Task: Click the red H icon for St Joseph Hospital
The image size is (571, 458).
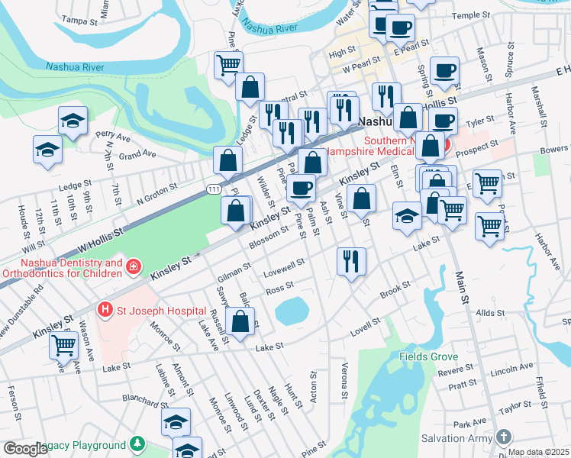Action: [105, 311]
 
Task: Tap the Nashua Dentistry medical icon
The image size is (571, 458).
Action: [134, 266]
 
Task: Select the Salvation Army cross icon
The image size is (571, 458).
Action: [502, 437]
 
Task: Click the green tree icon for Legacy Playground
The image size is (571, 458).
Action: [137, 444]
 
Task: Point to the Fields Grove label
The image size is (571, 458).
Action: [428, 356]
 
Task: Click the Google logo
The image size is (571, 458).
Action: [25, 449]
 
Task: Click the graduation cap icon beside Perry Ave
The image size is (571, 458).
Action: [73, 120]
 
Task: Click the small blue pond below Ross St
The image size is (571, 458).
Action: [291, 310]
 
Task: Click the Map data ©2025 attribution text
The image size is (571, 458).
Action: [538, 452]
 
